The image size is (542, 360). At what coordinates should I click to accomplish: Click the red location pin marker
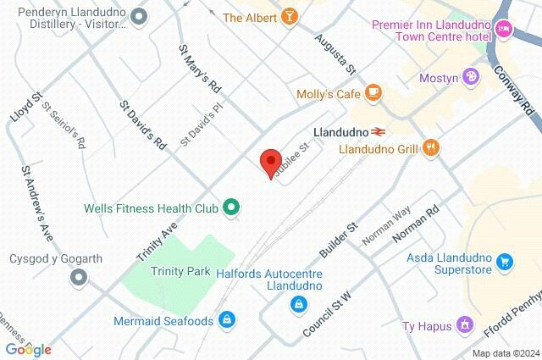pyautogui.click(x=270, y=162)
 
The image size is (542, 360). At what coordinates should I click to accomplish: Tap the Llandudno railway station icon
pyautogui.click(x=379, y=132)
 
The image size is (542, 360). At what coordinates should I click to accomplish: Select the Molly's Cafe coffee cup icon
pyautogui.click(x=373, y=93)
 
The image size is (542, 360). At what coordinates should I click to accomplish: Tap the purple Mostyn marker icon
pyautogui.click(x=472, y=78)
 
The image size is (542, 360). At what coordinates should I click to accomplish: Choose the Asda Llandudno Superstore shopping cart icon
pyautogui.click(x=506, y=262)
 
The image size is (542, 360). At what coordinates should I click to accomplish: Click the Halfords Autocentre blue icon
pyautogui.click(x=298, y=303)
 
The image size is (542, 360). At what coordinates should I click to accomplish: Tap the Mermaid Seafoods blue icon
pyautogui.click(x=226, y=320)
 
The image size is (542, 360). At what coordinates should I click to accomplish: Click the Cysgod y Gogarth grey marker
pyautogui.click(x=79, y=276)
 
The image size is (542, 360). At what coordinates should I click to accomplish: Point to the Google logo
pyautogui.click(x=28, y=349)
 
